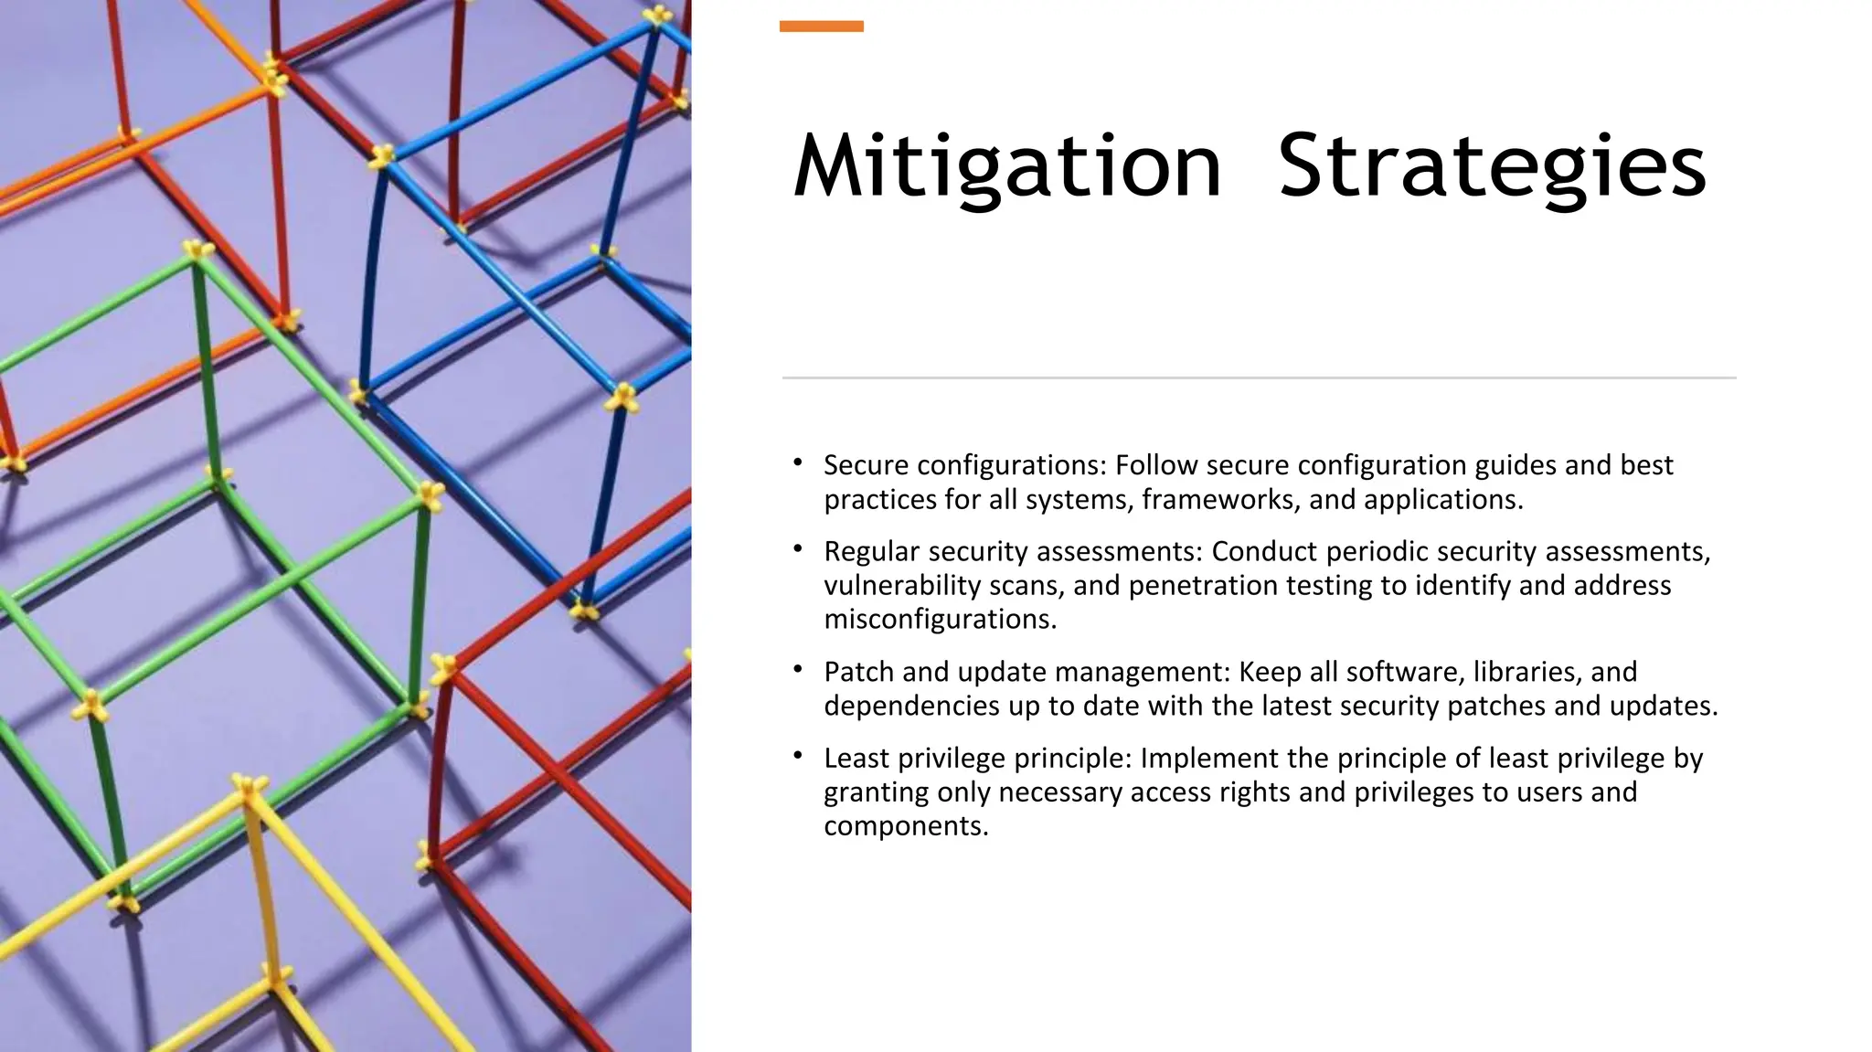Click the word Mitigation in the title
[1006, 166]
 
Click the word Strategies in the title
[1492, 166]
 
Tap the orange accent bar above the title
[821, 27]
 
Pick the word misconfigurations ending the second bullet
[940, 619]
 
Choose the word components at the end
[906, 826]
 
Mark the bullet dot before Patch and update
[798, 670]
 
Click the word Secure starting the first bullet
[866, 465]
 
